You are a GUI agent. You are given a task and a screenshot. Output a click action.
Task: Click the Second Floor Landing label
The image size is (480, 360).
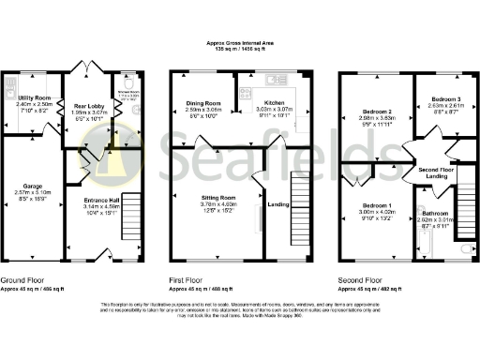click(x=434, y=172)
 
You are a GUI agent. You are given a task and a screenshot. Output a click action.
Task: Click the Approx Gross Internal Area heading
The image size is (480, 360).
click(x=241, y=43)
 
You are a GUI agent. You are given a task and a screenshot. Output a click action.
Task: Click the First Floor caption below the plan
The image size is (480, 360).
click(x=190, y=279)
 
